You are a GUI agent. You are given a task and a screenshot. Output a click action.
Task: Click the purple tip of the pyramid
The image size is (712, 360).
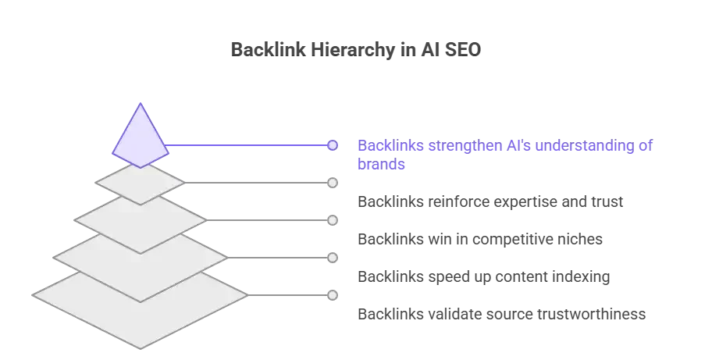(x=140, y=137)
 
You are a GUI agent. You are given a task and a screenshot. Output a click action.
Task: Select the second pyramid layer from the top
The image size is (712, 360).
(x=140, y=184)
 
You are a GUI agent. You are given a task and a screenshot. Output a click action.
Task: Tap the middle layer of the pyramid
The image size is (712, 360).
(x=140, y=221)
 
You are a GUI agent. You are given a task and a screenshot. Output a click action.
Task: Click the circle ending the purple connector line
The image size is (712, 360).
(x=333, y=145)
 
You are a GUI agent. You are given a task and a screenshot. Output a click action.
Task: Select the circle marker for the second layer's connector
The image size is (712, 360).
(x=333, y=183)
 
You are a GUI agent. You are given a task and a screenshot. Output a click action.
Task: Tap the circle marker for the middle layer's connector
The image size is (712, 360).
(x=333, y=220)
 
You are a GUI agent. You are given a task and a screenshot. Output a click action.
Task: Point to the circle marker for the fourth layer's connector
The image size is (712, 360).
(x=333, y=258)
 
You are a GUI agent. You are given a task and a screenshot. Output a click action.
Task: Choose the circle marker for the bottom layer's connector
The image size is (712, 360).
(x=333, y=295)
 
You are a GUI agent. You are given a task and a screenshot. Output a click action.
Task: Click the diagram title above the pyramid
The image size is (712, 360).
(x=356, y=48)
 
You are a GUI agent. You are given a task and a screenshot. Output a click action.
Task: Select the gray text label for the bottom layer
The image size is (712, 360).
(x=502, y=315)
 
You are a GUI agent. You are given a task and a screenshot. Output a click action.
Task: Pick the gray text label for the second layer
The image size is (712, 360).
(x=490, y=203)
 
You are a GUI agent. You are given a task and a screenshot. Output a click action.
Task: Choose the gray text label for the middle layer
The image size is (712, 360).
(x=480, y=241)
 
